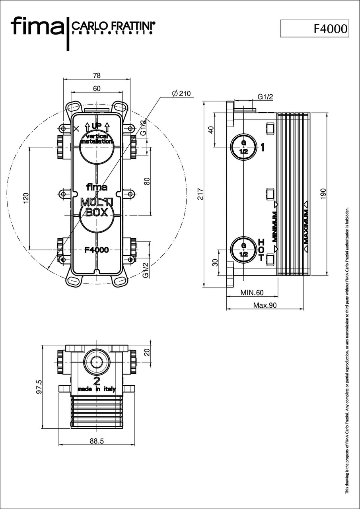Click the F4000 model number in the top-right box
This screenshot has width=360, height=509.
click(330, 29)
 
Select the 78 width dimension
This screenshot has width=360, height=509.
click(97, 75)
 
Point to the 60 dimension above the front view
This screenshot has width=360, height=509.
click(97, 88)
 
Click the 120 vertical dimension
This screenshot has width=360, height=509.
click(26, 198)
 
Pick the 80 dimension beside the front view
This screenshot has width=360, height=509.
click(147, 181)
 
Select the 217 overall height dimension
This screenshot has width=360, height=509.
click(200, 194)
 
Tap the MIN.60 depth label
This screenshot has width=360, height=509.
click(252, 293)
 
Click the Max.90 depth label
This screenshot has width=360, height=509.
click(265, 305)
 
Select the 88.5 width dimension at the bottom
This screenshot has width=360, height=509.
click(97, 441)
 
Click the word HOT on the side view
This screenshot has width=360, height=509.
click(261, 250)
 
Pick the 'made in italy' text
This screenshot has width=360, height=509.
click(97, 389)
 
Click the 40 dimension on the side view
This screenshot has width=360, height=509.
click(211, 130)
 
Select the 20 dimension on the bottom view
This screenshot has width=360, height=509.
click(147, 352)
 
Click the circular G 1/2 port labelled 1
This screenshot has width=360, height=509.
click(243, 147)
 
